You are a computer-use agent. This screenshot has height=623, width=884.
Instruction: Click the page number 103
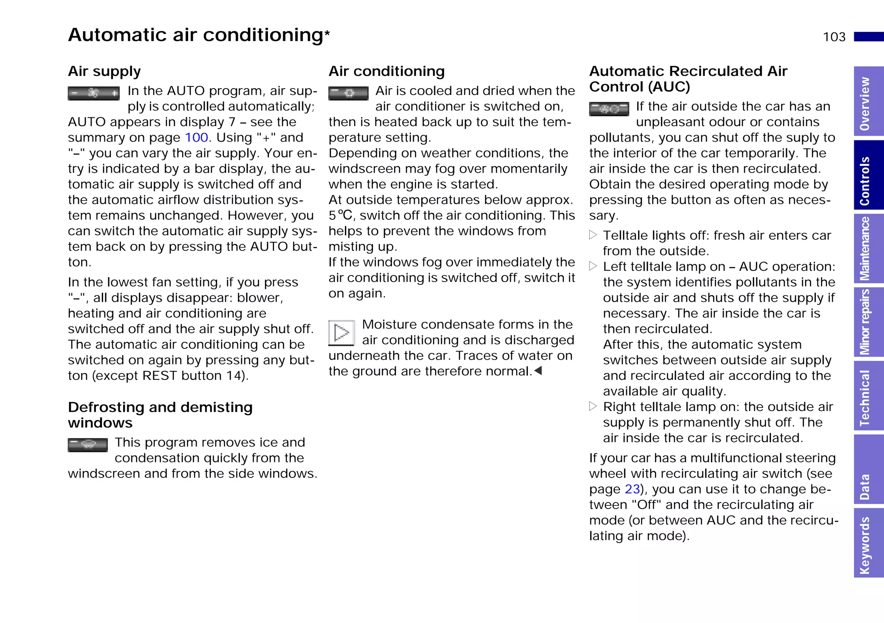[x=834, y=37]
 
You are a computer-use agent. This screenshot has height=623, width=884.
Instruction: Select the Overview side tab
[x=868, y=102]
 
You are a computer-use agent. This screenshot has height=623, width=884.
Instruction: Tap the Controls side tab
[x=868, y=175]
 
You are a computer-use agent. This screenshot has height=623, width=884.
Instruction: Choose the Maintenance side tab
[x=868, y=249]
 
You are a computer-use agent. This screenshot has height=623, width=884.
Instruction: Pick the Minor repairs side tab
[x=868, y=322]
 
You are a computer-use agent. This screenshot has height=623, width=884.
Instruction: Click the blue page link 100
[x=196, y=138]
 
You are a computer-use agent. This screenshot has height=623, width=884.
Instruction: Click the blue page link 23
[x=632, y=489]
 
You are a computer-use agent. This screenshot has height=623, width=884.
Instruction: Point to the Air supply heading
[x=104, y=71]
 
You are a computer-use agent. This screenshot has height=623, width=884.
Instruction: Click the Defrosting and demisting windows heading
[x=160, y=414]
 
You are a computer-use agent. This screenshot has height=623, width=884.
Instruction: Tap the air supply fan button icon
[x=94, y=93]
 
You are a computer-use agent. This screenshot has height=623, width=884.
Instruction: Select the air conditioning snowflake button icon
[x=348, y=93]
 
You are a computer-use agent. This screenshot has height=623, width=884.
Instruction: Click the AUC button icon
[x=609, y=109]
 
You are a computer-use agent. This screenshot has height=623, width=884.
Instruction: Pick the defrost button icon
[x=88, y=445]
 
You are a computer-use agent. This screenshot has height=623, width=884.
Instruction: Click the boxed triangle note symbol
[x=341, y=332]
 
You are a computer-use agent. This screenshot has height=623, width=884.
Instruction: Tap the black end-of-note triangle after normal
[x=538, y=371]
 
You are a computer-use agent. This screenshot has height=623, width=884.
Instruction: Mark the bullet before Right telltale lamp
[x=593, y=406]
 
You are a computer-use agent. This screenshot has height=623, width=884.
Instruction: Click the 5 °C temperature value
[x=341, y=215]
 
